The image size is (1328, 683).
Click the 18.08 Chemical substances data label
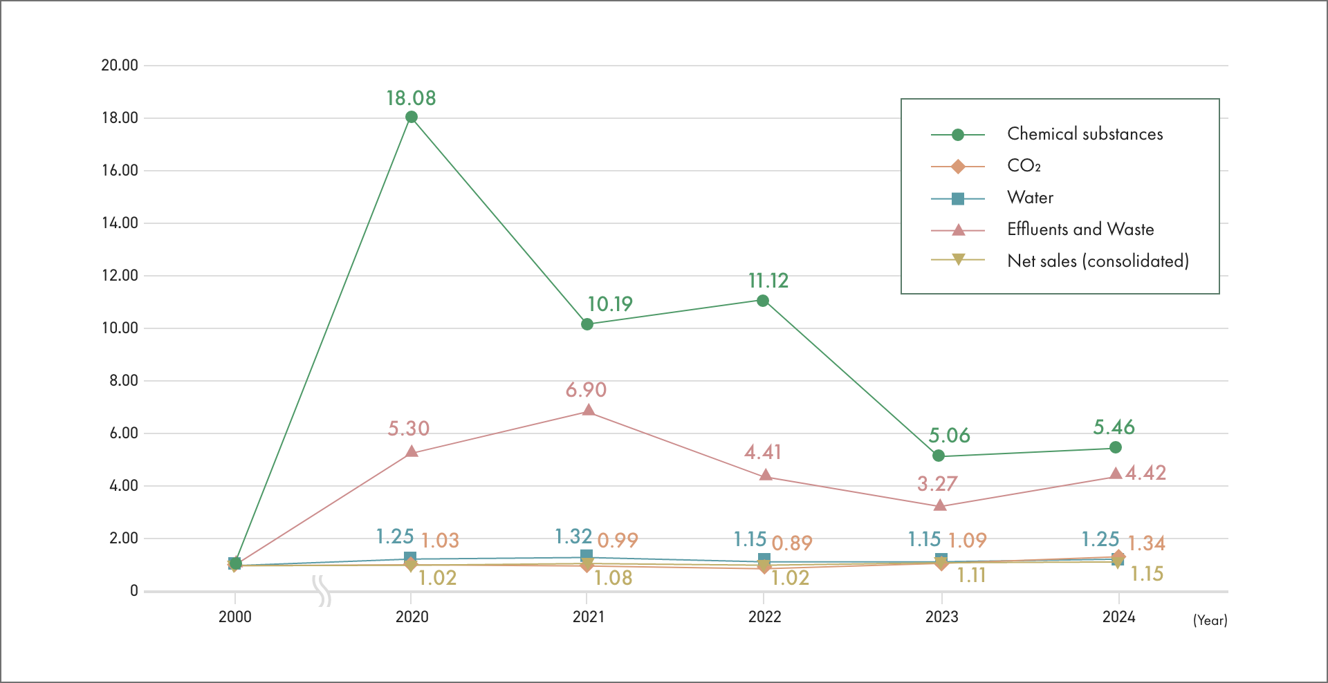pyautogui.click(x=411, y=98)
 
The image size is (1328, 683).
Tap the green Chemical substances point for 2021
pyautogui.click(x=587, y=324)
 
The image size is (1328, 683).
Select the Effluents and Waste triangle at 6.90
pyautogui.click(x=588, y=411)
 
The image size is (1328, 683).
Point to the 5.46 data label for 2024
pyautogui.click(x=1114, y=427)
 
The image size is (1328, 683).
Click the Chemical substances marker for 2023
pyautogui.click(x=939, y=456)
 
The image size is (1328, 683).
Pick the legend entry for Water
pyautogui.click(x=1030, y=198)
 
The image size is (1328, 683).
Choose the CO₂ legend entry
pyautogui.click(x=1024, y=166)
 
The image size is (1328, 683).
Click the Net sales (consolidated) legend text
pyautogui.click(x=1098, y=261)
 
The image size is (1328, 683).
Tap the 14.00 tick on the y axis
pyautogui.click(x=120, y=223)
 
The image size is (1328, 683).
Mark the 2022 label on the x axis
pyautogui.click(x=764, y=617)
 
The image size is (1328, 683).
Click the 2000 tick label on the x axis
pyautogui.click(x=235, y=617)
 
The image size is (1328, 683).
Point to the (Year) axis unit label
pyautogui.click(x=1210, y=620)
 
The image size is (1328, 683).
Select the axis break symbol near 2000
pyautogui.click(x=322, y=591)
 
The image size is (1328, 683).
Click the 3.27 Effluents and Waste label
pyautogui.click(x=937, y=484)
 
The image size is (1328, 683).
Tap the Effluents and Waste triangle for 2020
pyautogui.click(x=412, y=452)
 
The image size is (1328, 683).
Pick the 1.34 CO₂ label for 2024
pyautogui.click(x=1146, y=543)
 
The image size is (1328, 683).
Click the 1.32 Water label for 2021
pyautogui.click(x=573, y=536)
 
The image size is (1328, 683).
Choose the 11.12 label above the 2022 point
pyautogui.click(x=768, y=281)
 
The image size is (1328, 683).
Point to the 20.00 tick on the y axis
pyautogui.click(x=120, y=65)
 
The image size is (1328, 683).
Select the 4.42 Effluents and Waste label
pyautogui.click(x=1145, y=473)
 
